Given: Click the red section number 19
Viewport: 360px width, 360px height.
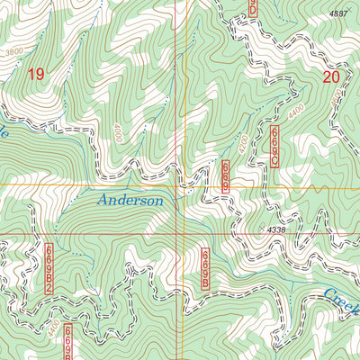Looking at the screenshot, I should [x=35, y=75].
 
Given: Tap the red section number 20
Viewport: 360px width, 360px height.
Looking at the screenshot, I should [x=330, y=77].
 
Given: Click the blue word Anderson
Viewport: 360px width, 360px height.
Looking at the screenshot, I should [x=131, y=201].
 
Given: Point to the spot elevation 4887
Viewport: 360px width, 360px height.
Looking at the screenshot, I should [x=338, y=13].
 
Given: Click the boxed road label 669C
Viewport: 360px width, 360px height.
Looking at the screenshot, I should [x=274, y=147].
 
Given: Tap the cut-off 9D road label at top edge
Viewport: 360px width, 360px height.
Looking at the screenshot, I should [x=253, y=7].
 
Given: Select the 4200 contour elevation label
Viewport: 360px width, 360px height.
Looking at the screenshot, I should [x=242, y=143].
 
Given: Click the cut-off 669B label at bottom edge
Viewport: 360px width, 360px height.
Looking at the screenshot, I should [x=68, y=352].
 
